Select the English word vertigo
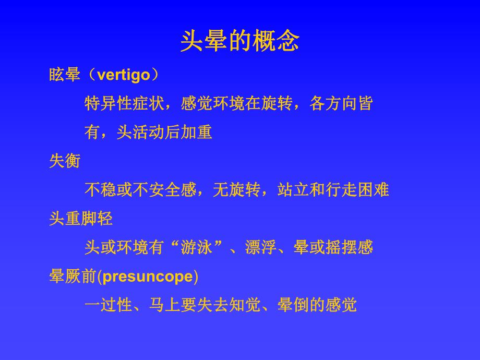tap(123, 75)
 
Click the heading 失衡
tap(65, 161)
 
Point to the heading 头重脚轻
tap(81, 219)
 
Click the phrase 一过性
tap(108, 305)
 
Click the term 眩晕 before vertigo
tap(65, 75)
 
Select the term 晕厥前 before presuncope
tap(73, 276)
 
